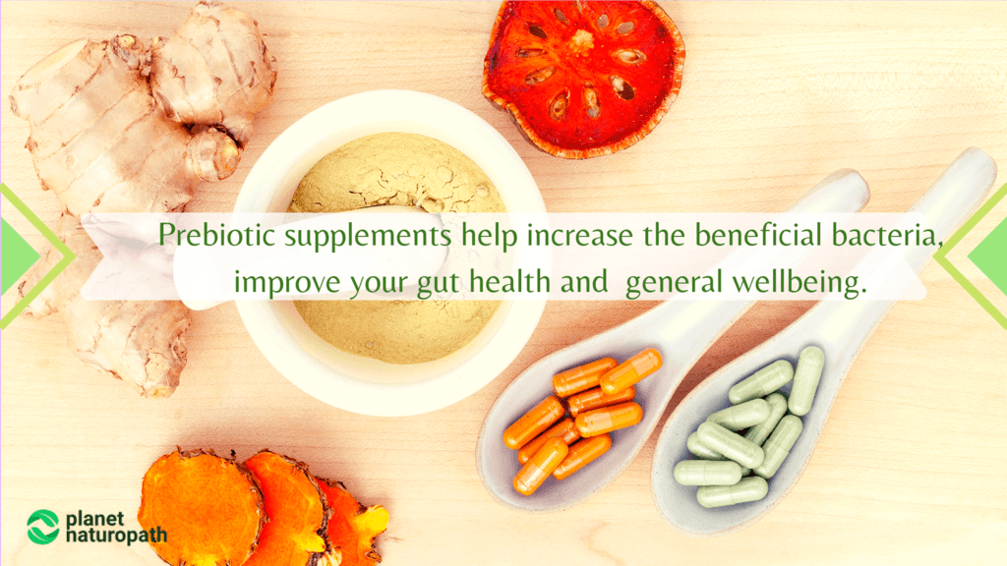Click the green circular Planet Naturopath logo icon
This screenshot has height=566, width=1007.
42,526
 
